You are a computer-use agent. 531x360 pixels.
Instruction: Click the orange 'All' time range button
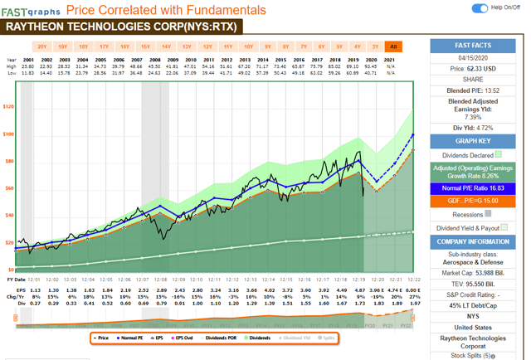click(x=393, y=46)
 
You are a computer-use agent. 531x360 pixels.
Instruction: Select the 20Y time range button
click(x=42, y=46)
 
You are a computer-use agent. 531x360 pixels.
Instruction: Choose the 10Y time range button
click(x=248, y=46)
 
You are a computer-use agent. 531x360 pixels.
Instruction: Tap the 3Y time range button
click(x=375, y=46)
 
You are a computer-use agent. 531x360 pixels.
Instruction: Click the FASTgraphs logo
click(x=30, y=10)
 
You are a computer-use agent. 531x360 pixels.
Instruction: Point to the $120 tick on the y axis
click(x=9, y=107)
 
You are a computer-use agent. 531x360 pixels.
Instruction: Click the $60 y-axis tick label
click(x=9, y=188)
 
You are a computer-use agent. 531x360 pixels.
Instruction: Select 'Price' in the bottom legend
click(x=103, y=338)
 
